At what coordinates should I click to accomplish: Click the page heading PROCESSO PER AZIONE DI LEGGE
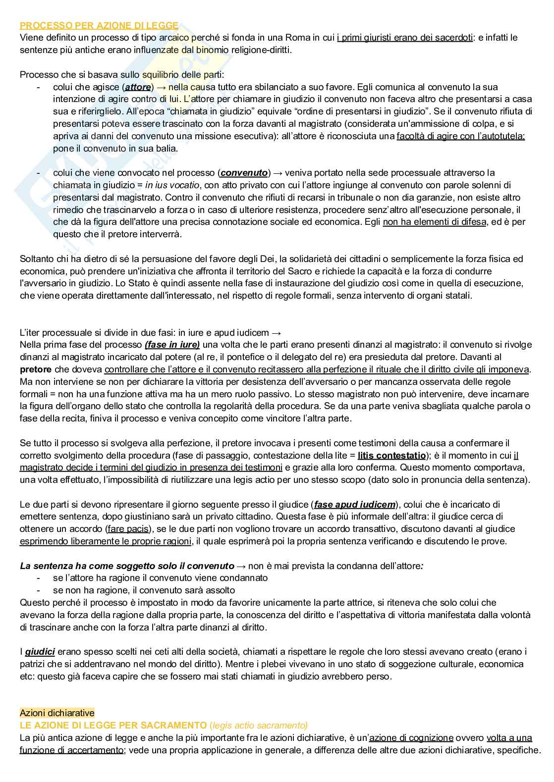[x=99, y=25]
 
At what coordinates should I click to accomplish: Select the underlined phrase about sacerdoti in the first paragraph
[x=404, y=38]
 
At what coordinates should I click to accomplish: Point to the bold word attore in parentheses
[x=137, y=87]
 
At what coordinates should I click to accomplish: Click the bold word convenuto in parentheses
[x=244, y=173]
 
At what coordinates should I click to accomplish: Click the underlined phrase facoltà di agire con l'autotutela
[x=460, y=136]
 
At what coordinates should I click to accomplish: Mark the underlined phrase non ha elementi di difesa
[x=434, y=222]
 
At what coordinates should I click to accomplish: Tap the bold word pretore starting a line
[x=36, y=369]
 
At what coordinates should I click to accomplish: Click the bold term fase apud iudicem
[x=355, y=505]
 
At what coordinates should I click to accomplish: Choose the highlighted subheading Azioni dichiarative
[x=57, y=713]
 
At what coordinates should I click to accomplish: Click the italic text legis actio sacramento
[x=259, y=725]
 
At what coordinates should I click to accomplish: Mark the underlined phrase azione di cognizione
[x=411, y=737]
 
